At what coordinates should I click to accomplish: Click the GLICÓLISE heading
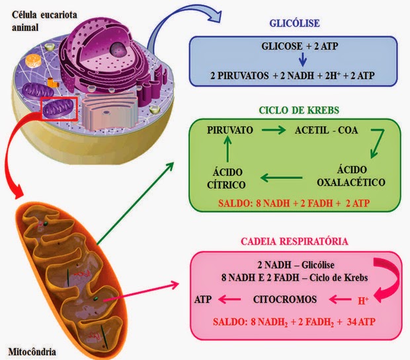point(294,24)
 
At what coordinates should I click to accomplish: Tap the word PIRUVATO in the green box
point(229,130)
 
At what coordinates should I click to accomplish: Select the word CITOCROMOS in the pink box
point(285,299)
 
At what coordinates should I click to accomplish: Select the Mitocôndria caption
point(31,349)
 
